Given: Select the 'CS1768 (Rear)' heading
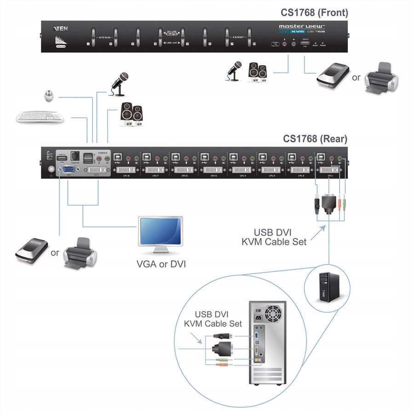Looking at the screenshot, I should [x=315, y=138].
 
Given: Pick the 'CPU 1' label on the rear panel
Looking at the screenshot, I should [x=329, y=175].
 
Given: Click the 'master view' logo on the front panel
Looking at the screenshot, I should [x=302, y=27].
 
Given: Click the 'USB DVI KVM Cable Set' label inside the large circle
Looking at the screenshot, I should [x=213, y=319].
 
